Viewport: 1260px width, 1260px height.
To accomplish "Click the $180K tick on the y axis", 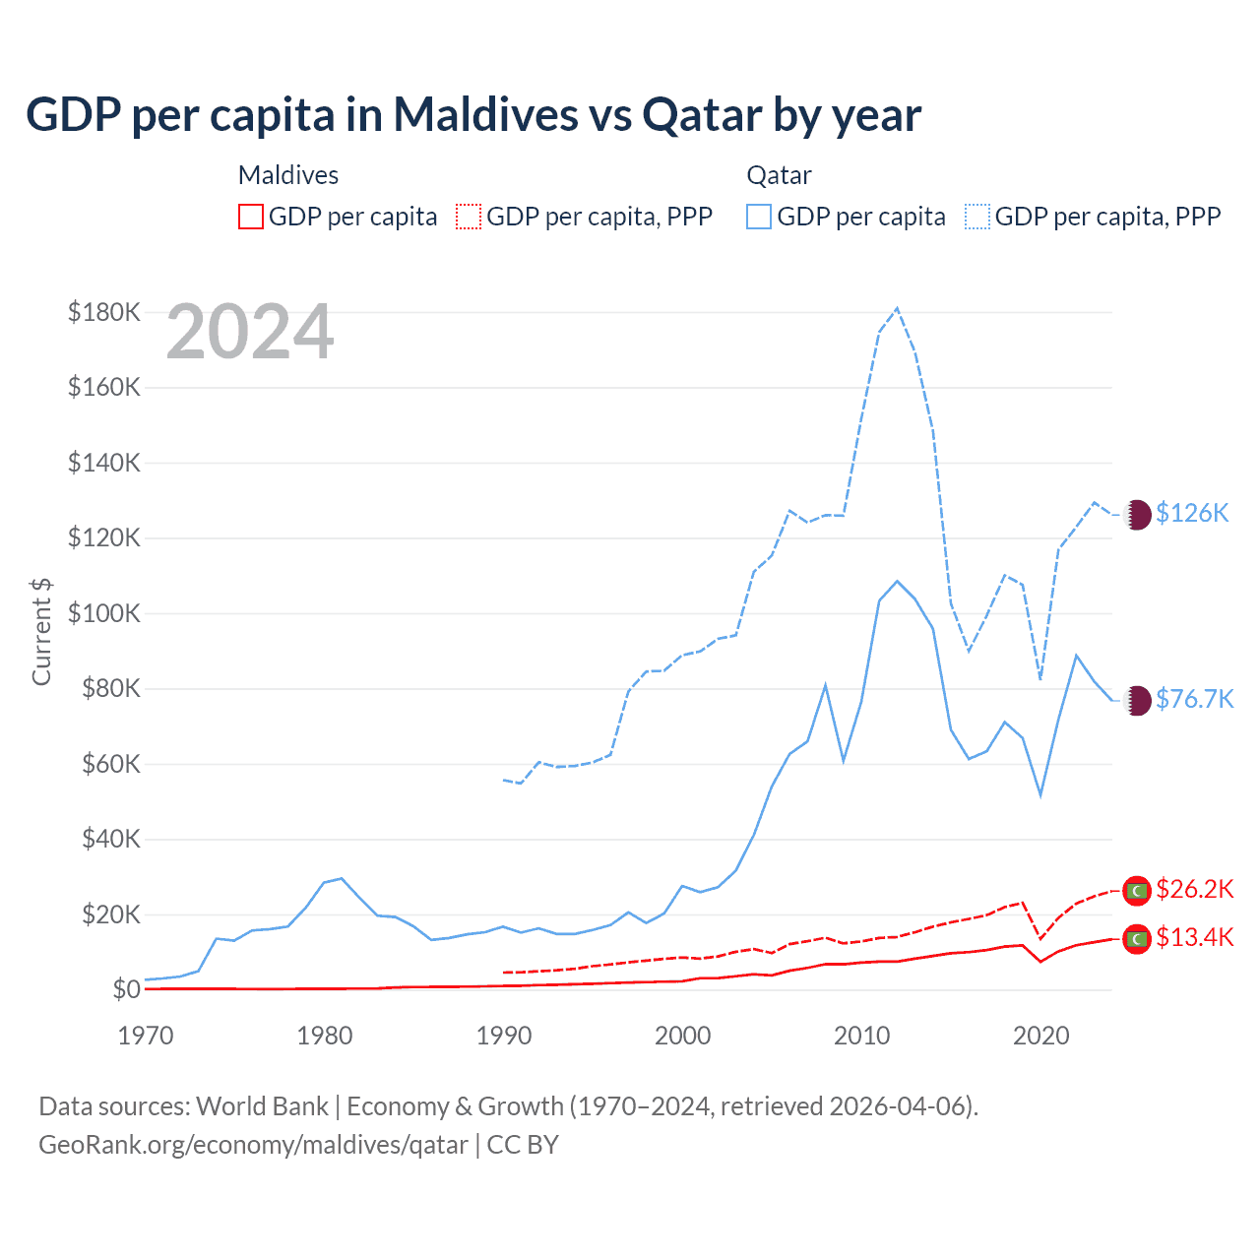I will coord(104,312).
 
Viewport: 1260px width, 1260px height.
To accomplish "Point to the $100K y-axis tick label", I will coord(104,613).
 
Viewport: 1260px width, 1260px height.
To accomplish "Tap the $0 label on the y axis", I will coord(126,989).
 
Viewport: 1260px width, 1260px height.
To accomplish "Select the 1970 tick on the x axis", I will coord(146,1035).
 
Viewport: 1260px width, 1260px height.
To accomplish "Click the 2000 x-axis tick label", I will coord(683,1035).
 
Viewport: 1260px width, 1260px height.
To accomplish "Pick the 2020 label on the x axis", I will coord(1041,1035).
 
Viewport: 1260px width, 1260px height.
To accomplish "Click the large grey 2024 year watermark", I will coord(250,333).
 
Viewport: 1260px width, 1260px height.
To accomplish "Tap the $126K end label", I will coord(1192,513).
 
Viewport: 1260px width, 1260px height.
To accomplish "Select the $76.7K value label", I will coord(1194,699).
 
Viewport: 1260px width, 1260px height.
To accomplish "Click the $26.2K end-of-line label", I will coord(1194,889).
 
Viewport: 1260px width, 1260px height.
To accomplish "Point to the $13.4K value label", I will coord(1194,937).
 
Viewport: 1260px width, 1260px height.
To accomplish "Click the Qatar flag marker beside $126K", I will coord(1137,514).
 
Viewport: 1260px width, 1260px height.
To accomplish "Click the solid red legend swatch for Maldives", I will coord(251,217).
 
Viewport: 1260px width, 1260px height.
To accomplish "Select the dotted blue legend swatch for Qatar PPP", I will coord(977,217).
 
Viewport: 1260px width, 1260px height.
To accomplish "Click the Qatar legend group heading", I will coord(779,175).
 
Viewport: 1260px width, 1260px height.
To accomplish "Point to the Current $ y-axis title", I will coord(41,631).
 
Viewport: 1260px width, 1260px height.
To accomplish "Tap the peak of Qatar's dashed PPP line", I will coord(897,308).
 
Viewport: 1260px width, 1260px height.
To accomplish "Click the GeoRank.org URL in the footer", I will coord(253,1145).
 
